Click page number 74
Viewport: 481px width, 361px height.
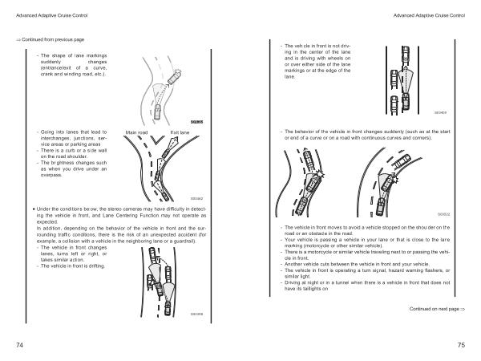(x=18, y=345)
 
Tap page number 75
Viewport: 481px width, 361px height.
(x=462, y=345)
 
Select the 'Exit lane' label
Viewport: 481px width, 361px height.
(x=180, y=132)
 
